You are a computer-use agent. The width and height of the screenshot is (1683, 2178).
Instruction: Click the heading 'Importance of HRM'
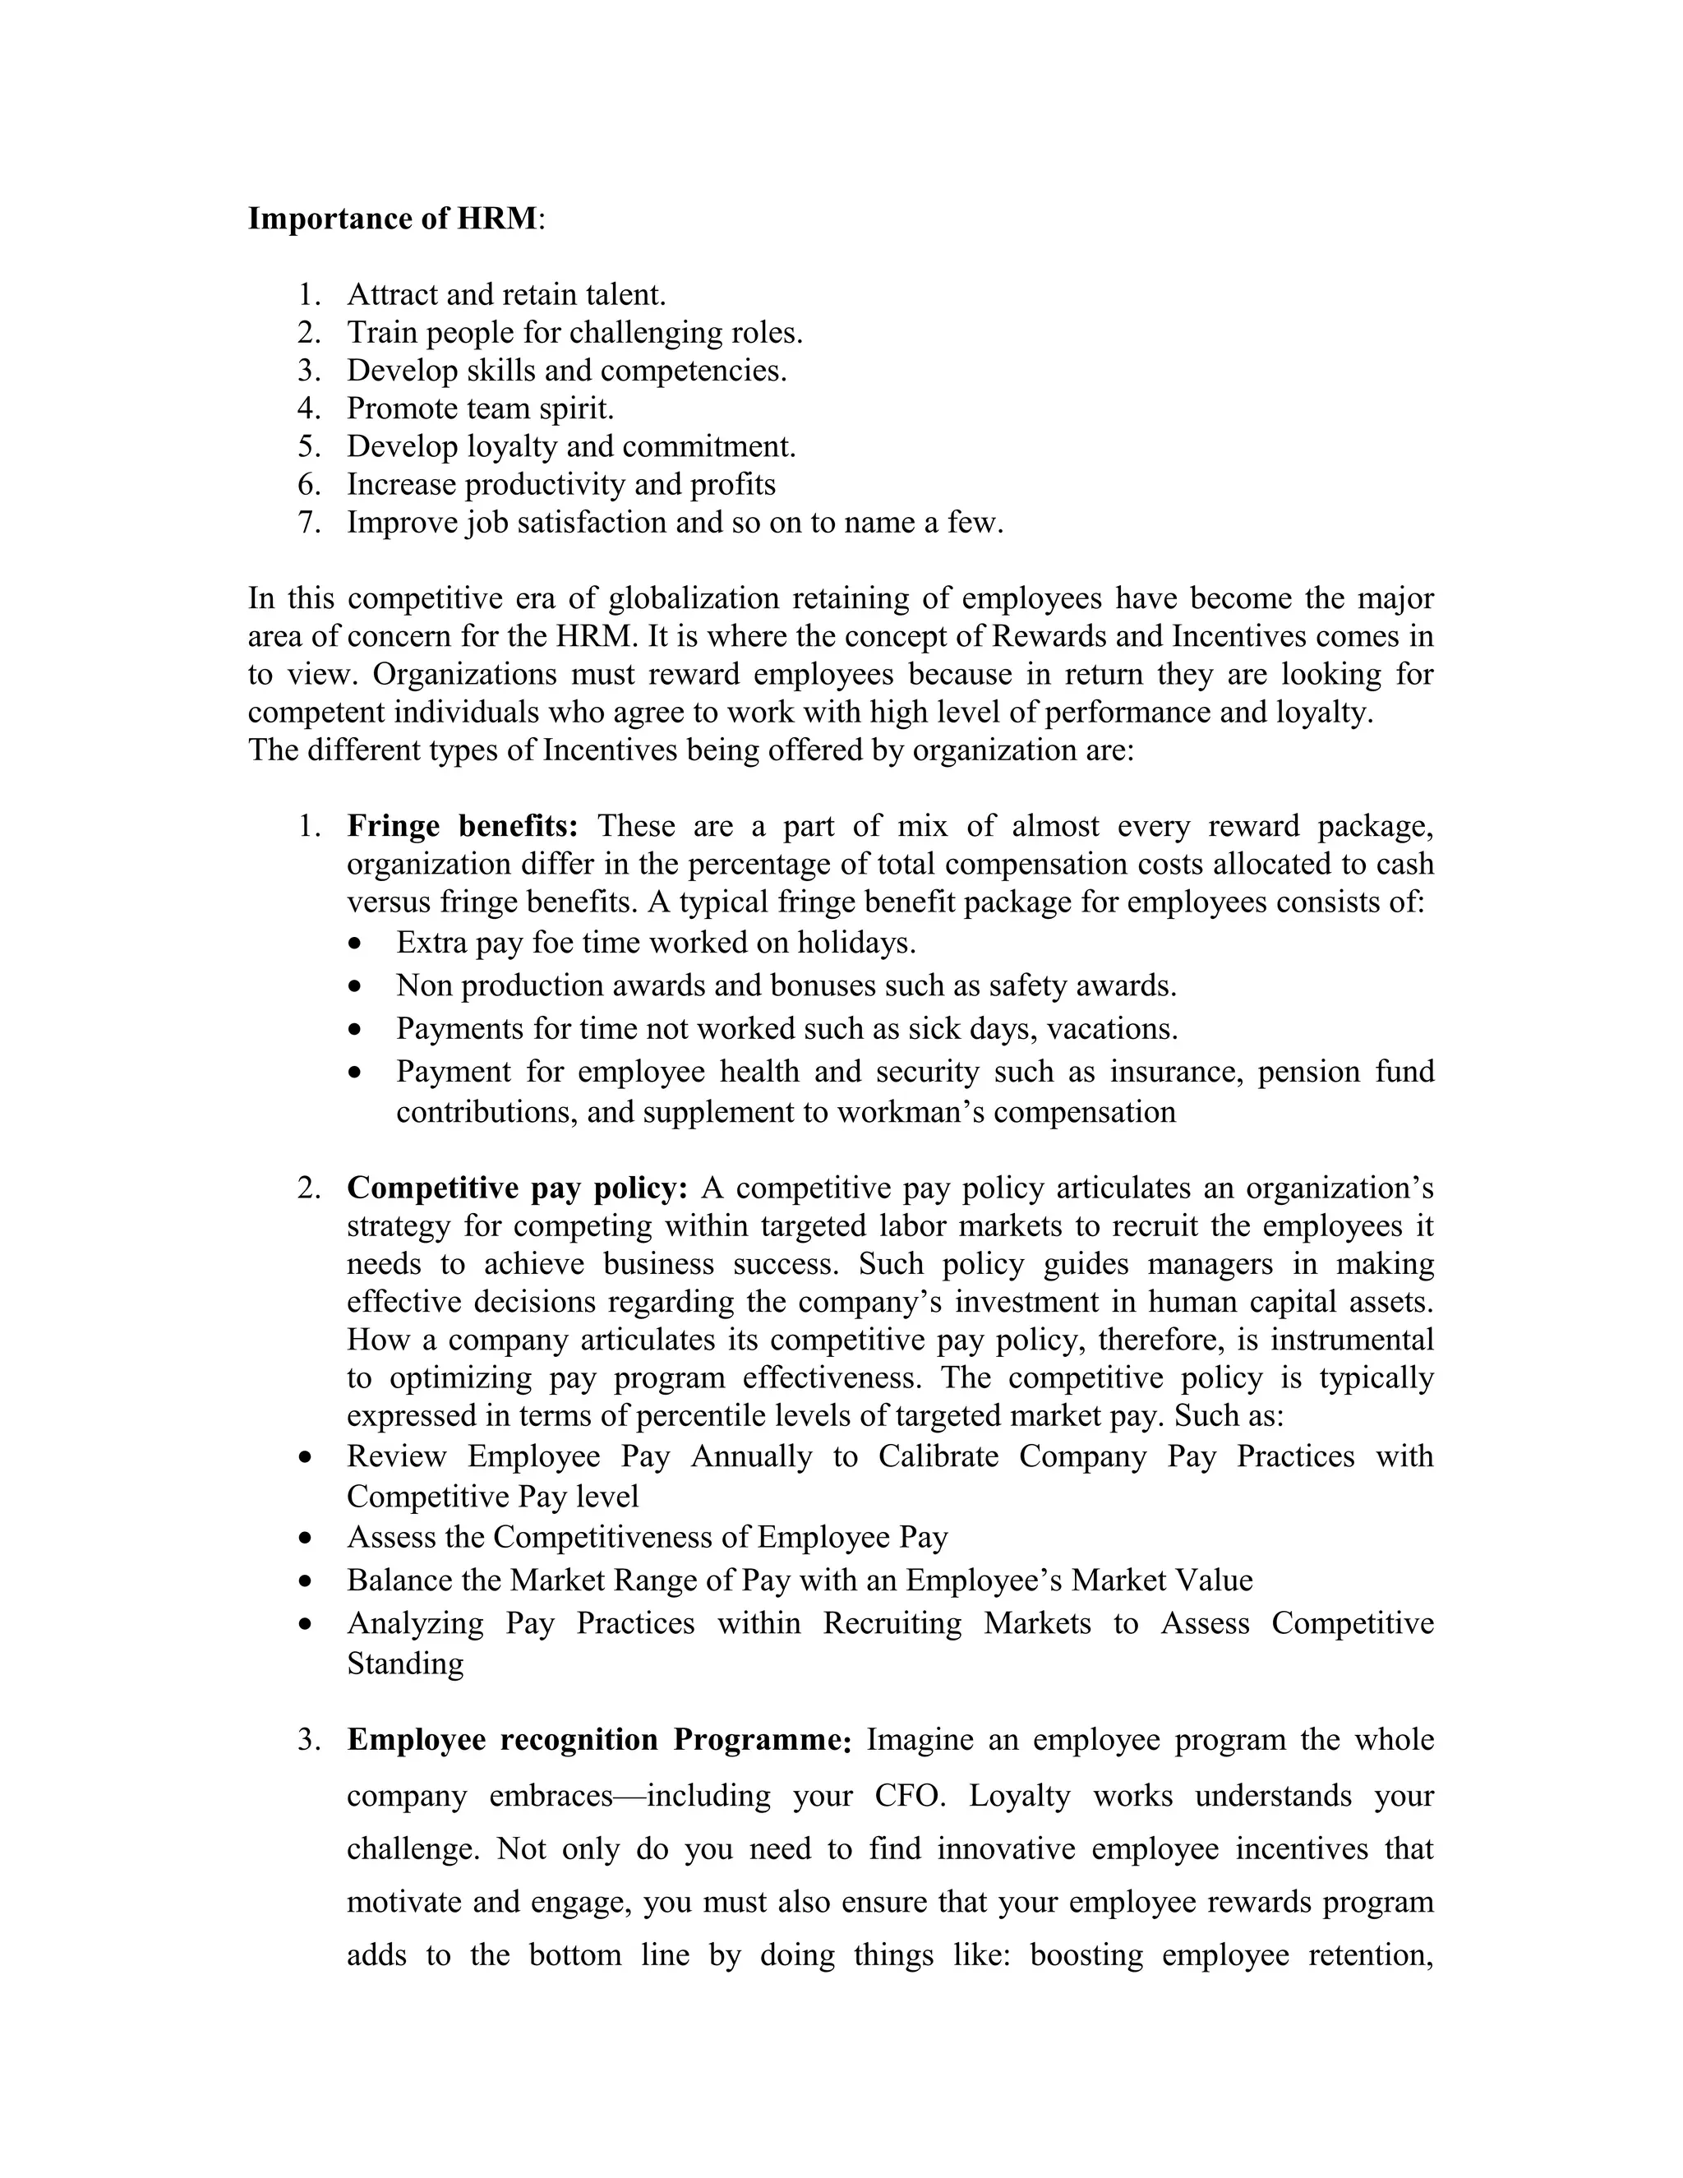(x=393, y=219)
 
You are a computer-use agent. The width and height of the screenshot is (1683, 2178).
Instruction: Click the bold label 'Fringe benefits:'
(x=463, y=826)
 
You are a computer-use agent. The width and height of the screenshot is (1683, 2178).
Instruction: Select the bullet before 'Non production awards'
(x=356, y=986)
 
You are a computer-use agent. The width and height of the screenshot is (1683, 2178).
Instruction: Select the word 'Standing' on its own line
(x=405, y=1664)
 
